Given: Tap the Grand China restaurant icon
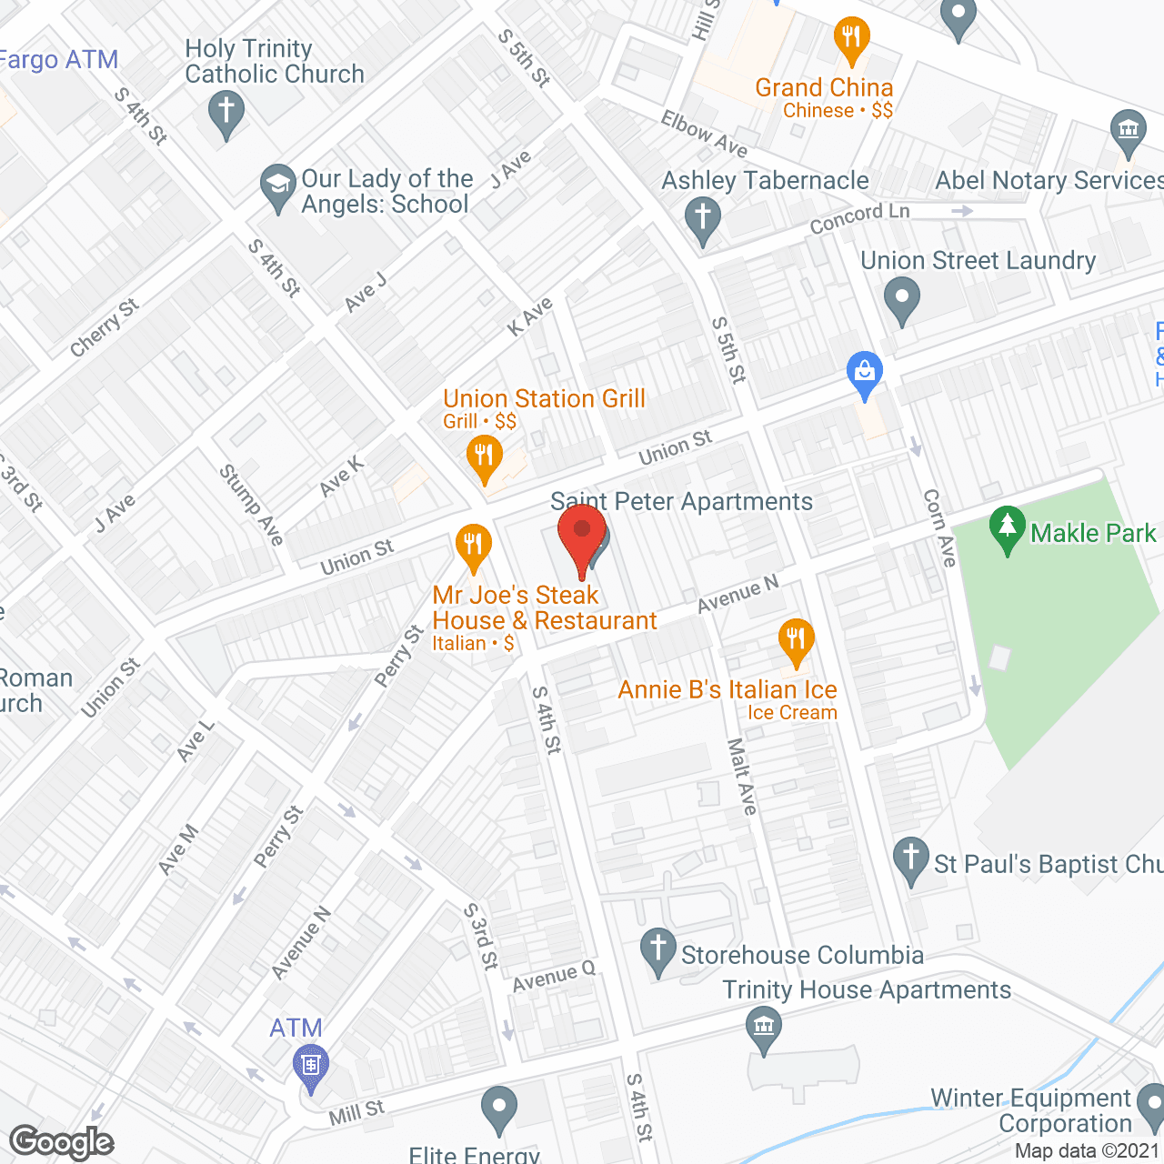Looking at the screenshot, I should [x=851, y=38].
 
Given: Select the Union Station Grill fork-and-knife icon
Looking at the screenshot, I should [x=484, y=456].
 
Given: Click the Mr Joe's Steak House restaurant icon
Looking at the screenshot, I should [x=473, y=546].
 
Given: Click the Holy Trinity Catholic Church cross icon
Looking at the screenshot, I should [x=226, y=114].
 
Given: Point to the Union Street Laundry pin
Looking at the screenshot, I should [x=901, y=299].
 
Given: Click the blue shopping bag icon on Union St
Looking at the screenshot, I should [x=864, y=373].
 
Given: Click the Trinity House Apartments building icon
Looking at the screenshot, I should [x=763, y=1028].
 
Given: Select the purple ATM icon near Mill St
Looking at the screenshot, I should [x=311, y=1064].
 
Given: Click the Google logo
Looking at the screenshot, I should [x=62, y=1142].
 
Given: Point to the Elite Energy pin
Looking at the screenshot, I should [x=497, y=1109].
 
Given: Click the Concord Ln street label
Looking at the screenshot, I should [x=859, y=218].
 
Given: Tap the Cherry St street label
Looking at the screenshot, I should [x=105, y=327].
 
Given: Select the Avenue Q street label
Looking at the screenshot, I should [x=553, y=978].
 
